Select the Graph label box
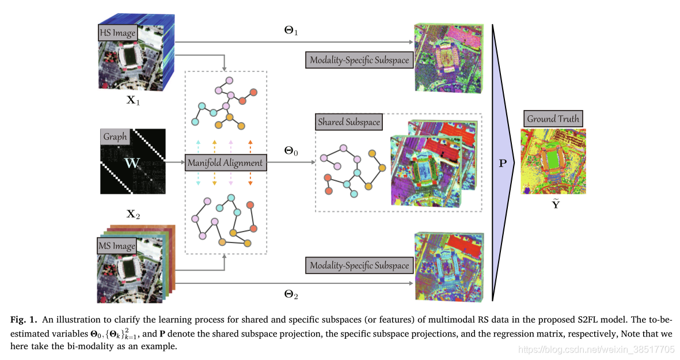pyautogui.click(x=115, y=137)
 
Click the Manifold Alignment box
pyautogui.click(x=225, y=163)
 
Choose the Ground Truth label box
pyautogui.click(x=553, y=119)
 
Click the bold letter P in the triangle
pyautogui.click(x=503, y=164)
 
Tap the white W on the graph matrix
pyautogui.click(x=132, y=163)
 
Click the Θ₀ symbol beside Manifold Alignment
pyautogui.click(x=291, y=151)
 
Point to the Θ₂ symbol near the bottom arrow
pyautogui.click(x=291, y=294)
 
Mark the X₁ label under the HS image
pyautogui.click(x=133, y=100)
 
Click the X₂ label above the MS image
pyautogui.click(x=133, y=214)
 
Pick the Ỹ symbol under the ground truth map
pyautogui.click(x=555, y=204)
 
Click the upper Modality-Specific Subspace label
pyautogui.click(x=360, y=60)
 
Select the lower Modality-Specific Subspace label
pyautogui.click(x=360, y=265)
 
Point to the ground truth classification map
pyautogui.click(x=553, y=161)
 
